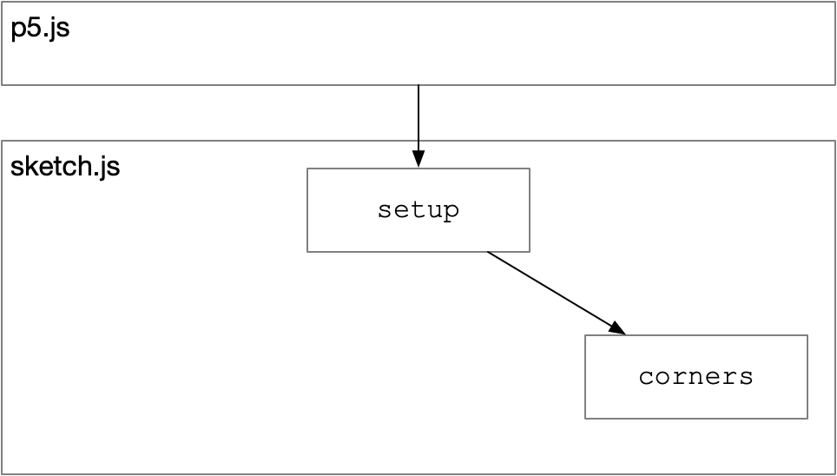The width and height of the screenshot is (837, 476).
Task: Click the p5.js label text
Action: pos(40,29)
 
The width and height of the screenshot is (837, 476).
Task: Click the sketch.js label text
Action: pos(65,166)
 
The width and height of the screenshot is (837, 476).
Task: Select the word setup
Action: pos(418,210)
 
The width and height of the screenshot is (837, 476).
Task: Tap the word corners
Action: pos(696,377)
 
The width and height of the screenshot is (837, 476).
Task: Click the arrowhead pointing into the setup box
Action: pos(418,159)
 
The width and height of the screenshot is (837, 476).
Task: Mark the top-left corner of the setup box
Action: pos(307,169)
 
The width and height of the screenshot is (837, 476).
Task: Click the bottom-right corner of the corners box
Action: pos(807,419)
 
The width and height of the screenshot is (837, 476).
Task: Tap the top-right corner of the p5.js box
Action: pos(835,2)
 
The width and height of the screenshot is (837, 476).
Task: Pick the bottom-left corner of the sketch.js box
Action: pos(2,473)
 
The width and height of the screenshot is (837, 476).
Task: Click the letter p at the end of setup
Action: pos(451,213)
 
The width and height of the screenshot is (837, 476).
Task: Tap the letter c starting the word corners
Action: pos(647,377)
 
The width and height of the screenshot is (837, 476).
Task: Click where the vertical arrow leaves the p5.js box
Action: pos(418,85)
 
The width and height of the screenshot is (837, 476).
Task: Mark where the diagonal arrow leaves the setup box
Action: pos(487,252)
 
